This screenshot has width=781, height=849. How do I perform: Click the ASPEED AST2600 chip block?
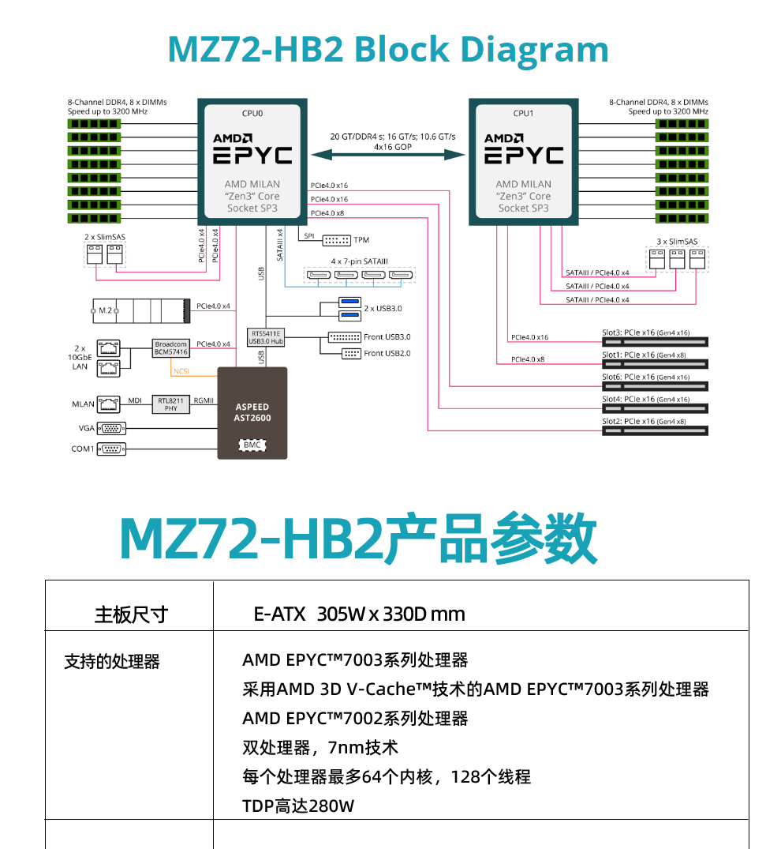click(x=252, y=412)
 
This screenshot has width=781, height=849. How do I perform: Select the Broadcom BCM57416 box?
click(x=171, y=348)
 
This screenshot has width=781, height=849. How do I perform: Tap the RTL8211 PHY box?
click(x=171, y=404)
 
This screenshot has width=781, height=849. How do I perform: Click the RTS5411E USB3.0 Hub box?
click(x=266, y=337)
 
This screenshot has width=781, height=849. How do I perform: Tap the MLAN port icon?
click(x=108, y=404)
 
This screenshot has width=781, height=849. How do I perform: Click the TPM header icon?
click(x=337, y=240)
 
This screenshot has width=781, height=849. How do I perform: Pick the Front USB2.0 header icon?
click(x=351, y=354)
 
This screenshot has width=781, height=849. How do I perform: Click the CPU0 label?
click(x=252, y=113)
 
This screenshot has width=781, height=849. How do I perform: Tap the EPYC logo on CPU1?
click(x=524, y=155)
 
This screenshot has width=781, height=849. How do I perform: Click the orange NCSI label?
click(x=181, y=370)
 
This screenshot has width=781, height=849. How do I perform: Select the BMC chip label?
click(x=252, y=445)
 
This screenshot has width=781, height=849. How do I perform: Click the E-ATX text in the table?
click(x=279, y=614)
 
